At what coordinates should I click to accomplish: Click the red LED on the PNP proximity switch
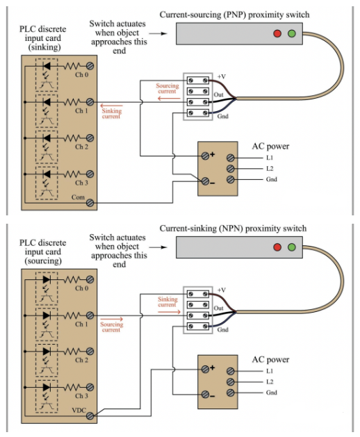[x=277, y=34]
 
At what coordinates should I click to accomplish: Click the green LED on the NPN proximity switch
[x=292, y=247]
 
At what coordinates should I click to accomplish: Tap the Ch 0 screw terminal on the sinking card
[x=90, y=66]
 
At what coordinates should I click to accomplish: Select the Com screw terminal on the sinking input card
[x=90, y=203]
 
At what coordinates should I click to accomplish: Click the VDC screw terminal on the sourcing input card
[x=90, y=416]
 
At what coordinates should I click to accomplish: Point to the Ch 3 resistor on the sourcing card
[x=72, y=387]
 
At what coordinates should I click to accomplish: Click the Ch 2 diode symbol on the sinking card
[x=47, y=138]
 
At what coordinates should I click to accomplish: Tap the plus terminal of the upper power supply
[x=205, y=156]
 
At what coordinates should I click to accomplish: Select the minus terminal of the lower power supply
[x=205, y=395]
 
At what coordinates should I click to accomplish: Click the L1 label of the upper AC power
[x=270, y=158]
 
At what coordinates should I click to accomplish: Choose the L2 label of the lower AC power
[x=270, y=382]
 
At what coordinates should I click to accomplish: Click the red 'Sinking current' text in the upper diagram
[x=111, y=114]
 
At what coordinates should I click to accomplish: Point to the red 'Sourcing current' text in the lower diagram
[x=111, y=327]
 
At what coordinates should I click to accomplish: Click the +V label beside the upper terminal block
[x=222, y=76]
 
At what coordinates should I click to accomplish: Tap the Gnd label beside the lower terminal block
[x=223, y=330]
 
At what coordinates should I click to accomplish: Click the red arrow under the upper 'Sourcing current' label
[x=169, y=99]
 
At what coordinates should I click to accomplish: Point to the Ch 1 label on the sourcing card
[x=81, y=324]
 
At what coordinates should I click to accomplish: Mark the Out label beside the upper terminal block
[x=219, y=94]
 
